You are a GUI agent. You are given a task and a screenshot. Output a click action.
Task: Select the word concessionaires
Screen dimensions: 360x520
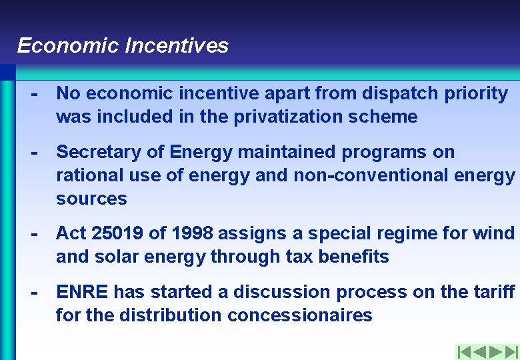300,315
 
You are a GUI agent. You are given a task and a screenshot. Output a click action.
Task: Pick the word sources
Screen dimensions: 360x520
91,199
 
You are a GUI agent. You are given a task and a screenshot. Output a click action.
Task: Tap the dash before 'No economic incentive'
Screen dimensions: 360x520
34,93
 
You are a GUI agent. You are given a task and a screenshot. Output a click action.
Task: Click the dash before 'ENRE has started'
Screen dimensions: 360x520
34,292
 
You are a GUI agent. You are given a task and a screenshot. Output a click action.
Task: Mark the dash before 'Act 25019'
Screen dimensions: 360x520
34,233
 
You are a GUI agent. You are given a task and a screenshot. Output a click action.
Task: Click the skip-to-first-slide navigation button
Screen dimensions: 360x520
465,352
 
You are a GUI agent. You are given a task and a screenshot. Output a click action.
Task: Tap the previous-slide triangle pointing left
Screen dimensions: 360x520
480,352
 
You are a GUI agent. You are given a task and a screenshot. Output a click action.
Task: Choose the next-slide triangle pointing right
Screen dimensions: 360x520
495,352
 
